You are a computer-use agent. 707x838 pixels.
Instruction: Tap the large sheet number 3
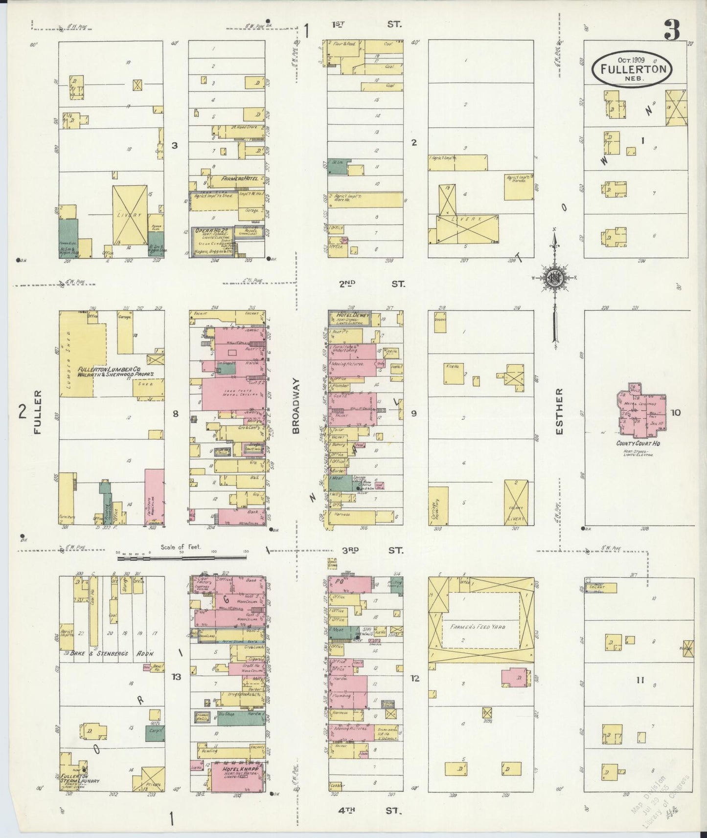pos(672,31)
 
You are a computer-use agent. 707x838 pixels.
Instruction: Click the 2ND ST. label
pos(372,283)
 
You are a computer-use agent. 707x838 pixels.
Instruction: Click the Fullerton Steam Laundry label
pos(81,778)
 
